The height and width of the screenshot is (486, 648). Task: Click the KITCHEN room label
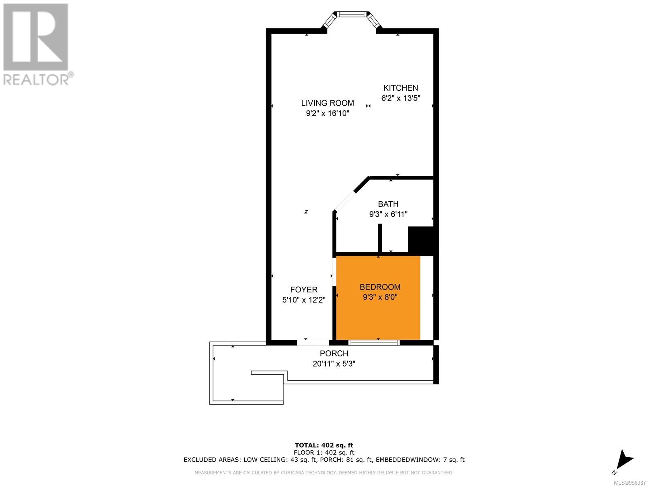click(400, 88)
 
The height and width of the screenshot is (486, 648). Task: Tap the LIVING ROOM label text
click(327, 103)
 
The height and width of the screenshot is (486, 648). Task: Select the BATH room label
click(388, 204)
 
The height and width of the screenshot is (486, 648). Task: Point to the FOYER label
click(304, 290)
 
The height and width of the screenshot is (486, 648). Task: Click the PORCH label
click(334, 353)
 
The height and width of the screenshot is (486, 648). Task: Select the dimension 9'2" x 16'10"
click(327, 113)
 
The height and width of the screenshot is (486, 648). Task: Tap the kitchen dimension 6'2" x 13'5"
click(401, 98)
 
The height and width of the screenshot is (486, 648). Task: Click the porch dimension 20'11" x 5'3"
click(334, 364)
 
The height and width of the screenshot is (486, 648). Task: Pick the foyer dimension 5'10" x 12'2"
click(304, 300)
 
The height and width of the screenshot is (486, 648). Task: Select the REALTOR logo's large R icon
click(36, 37)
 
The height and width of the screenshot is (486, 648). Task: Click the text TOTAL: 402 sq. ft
click(324, 445)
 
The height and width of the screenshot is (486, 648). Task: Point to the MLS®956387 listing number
click(630, 483)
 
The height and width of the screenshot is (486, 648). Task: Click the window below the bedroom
click(374, 343)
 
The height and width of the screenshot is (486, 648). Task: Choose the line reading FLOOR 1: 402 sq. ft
click(324, 452)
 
